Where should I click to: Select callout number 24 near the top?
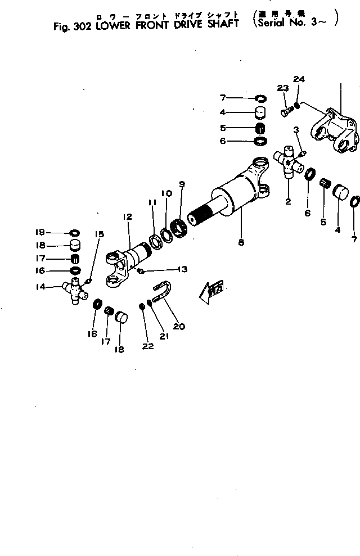tap(299, 79)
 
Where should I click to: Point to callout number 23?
tap(282, 88)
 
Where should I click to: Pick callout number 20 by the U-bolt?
tap(179, 326)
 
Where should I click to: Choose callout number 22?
tap(147, 346)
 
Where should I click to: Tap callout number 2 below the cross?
tap(288, 201)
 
